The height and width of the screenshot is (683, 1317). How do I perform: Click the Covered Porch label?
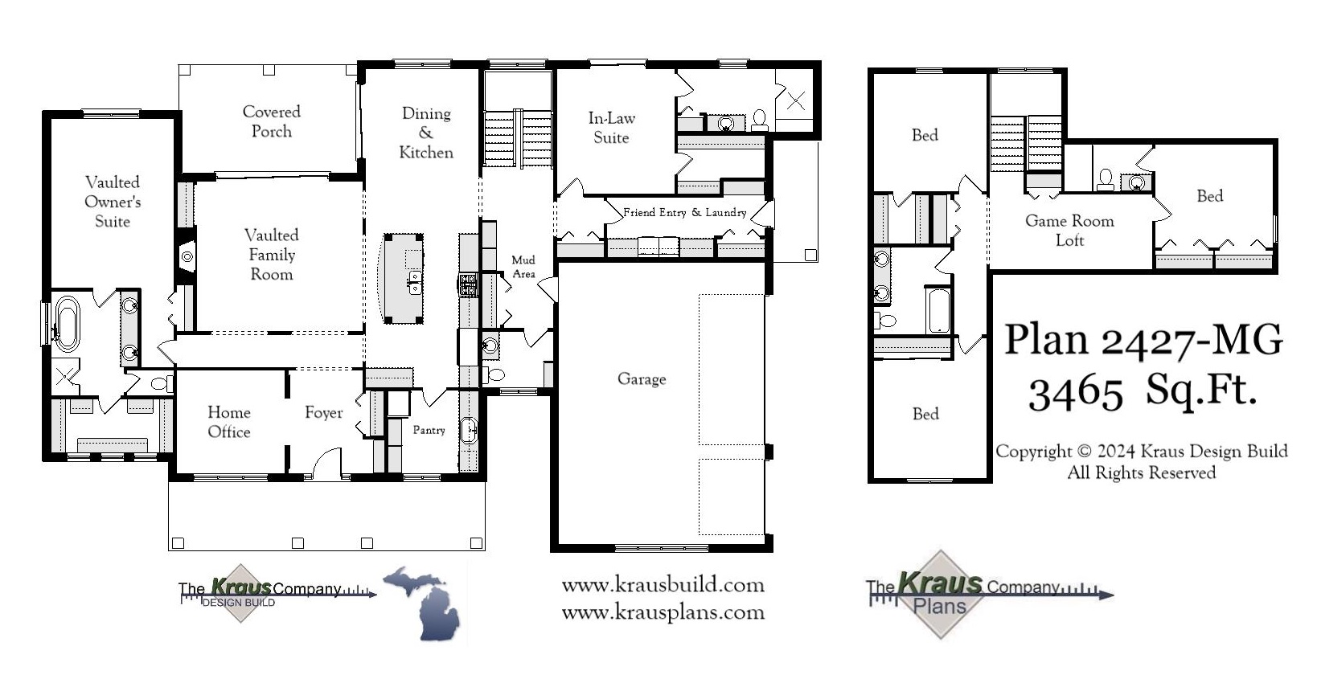pyautogui.click(x=272, y=121)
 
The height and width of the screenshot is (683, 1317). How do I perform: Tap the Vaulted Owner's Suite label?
pyautogui.click(x=113, y=202)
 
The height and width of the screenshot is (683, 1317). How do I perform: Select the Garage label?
pyautogui.click(x=642, y=378)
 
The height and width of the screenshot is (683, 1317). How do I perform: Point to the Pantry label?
pyautogui.click(x=429, y=430)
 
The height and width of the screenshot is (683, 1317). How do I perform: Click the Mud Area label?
pyautogui.click(x=523, y=267)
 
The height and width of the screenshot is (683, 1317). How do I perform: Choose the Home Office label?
pyautogui.click(x=229, y=422)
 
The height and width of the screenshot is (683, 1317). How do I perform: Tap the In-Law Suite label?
pyautogui.click(x=611, y=128)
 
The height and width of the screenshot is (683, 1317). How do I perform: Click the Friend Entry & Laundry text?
pyautogui.click(x=684, y=213)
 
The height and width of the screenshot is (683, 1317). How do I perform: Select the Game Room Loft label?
pyautogui.click(x=1069, y=230)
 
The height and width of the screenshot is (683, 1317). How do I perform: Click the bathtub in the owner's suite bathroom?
pyautogui.click(x=66, y=324)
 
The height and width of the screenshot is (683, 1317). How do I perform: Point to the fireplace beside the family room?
pyautogui.click(x=187, y=257)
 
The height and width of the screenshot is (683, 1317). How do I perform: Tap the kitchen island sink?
pyautogui.click(x=415, y=282)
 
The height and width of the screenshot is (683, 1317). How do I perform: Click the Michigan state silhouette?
pyautogui.click(x=425, y=603)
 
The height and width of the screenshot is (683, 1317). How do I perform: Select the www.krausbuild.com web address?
pyautogui.click(x=663, y=585)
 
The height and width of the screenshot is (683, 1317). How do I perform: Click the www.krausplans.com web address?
pyautogui.click(x=663, y=613)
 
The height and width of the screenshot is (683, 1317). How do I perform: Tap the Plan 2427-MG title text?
pyautogui.click(x=1143, y=341)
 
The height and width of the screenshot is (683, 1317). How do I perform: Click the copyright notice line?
pyautogui.click(x=1141, y=452)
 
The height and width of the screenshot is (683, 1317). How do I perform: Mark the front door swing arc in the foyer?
pyautogui.click(x=326, y=463)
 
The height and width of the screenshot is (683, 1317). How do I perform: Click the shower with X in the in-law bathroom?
pyautogui.click(x=795, y=100)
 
